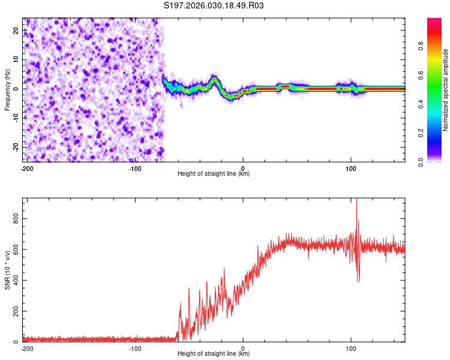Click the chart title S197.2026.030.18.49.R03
[x=214, y=6]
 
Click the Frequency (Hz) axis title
[x=8, y=89]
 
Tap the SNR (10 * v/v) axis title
[x=8, y=269]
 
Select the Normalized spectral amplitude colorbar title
[x=446, y=90]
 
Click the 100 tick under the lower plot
[x=351, y=348]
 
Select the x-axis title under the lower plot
[x=214, y=354]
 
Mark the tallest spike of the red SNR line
[x=356, y=200]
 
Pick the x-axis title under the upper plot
[x=214, y=174]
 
